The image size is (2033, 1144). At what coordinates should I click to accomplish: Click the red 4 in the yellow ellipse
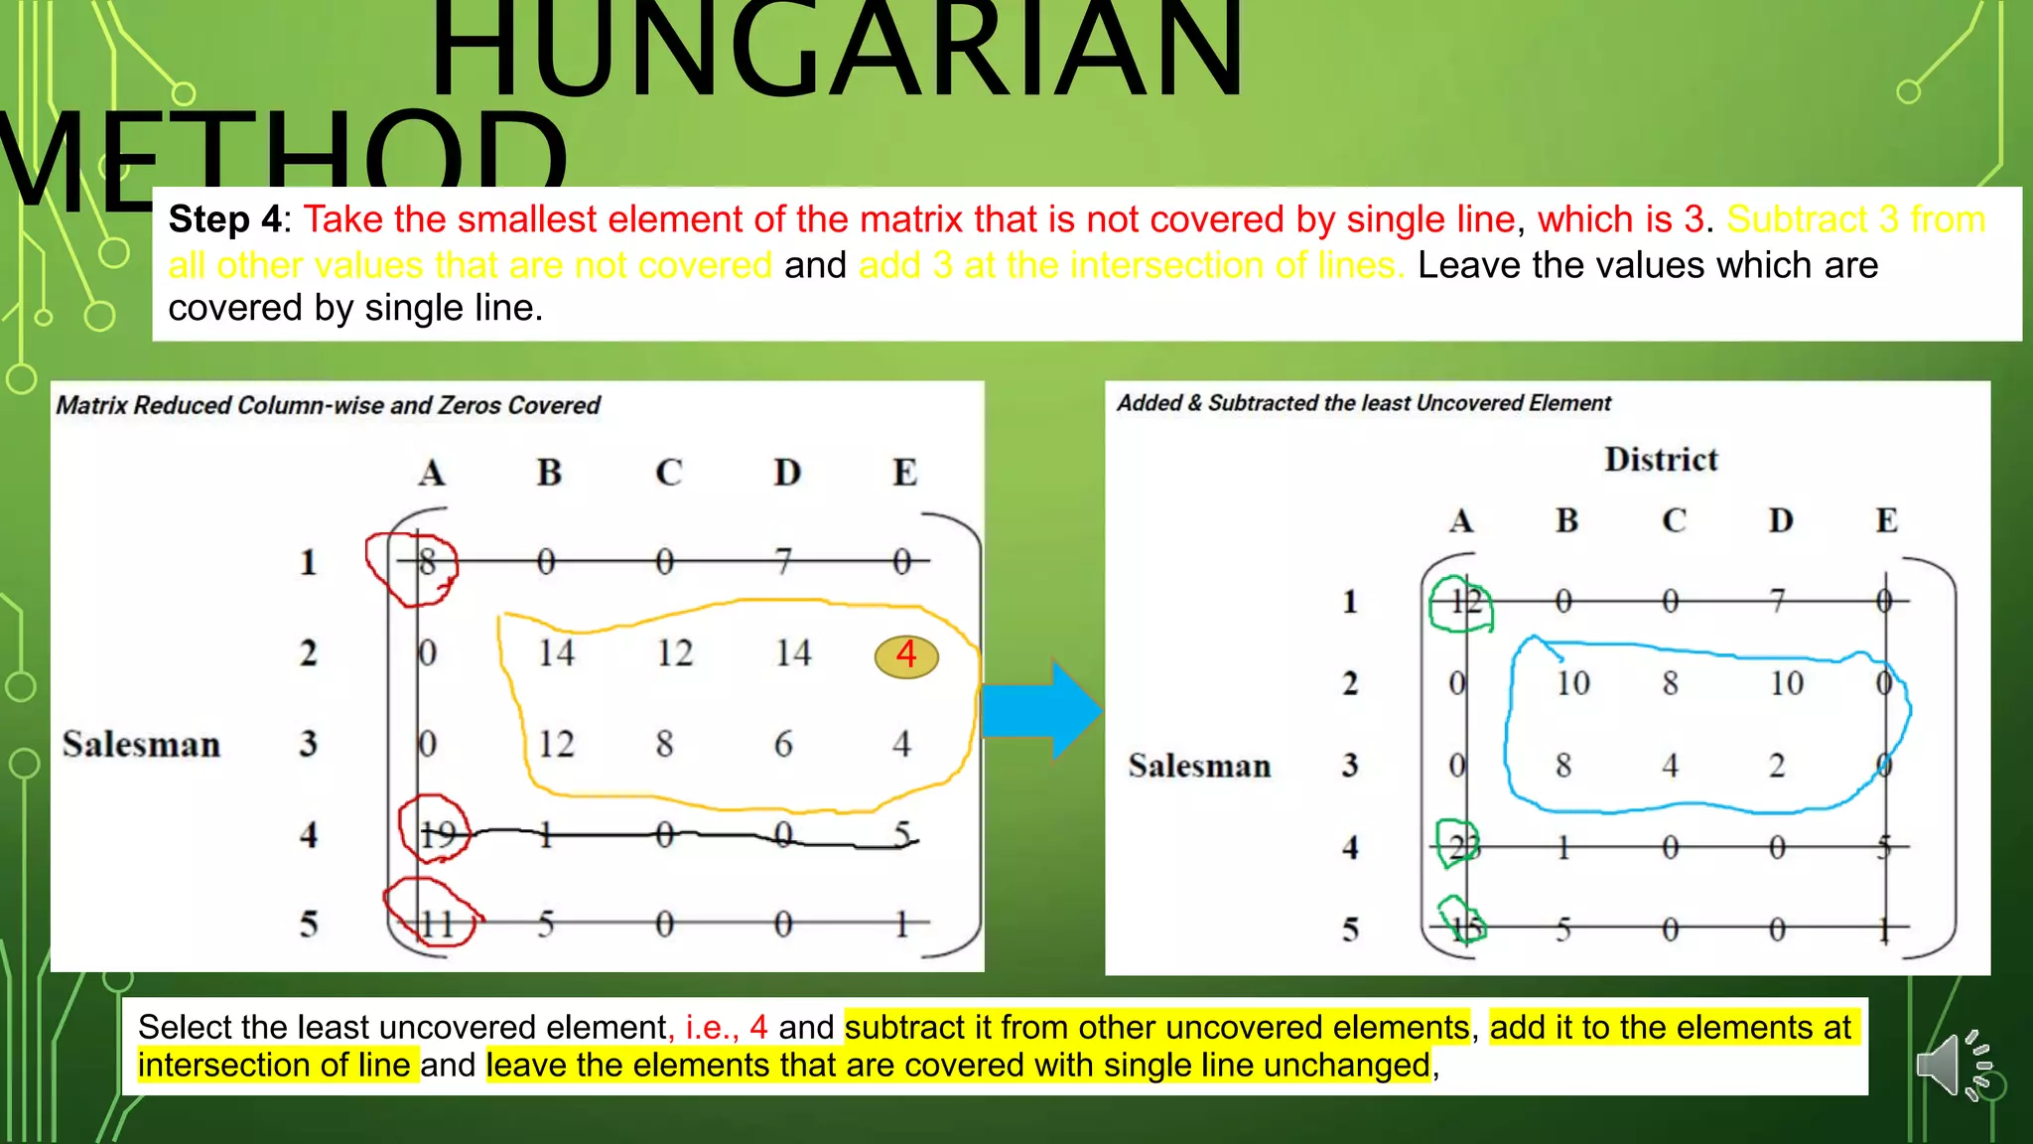click(x=906, y=655)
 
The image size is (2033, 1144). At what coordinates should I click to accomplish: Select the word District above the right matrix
click(x=1661, y=460)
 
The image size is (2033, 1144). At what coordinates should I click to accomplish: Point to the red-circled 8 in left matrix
click(x=427, y=563)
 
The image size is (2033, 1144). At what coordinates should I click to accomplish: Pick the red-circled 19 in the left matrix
click(x=437, y=834)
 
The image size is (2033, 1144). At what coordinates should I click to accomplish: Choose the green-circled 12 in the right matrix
click(x=1465, y=602)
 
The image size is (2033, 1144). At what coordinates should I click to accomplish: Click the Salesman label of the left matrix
click(x=141, y=745)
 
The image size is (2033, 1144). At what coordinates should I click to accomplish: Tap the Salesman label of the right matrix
click(x=1199, y=766)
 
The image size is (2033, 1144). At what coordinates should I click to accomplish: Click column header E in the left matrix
click(x=904, y=473)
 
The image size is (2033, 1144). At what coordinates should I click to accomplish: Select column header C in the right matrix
click(x=1674, y=520)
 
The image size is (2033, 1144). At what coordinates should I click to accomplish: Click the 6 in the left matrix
click(x=783, y=745)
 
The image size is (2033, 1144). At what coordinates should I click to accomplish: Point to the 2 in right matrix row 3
click(x=1777, y=766)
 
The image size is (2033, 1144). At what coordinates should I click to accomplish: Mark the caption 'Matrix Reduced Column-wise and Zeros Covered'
click(x=328, y=405)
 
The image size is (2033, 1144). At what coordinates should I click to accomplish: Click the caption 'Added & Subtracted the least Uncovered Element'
click(x=1363, y=403)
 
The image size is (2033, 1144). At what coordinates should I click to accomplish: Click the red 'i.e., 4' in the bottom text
click(x=726, y=1027)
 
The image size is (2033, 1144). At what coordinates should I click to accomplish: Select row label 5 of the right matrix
click(x=1350, y=929)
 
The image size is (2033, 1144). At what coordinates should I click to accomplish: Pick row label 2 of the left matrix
click(x=309, y=653)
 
